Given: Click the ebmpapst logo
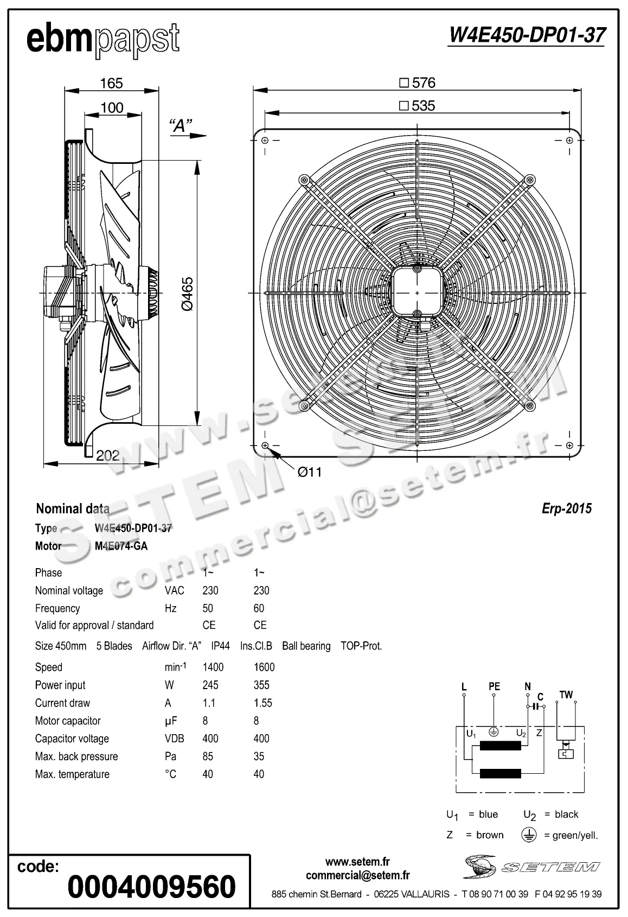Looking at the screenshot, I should point(102,40).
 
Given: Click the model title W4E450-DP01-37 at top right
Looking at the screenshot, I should point(527,36).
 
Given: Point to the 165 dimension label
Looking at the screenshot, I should point(111,83).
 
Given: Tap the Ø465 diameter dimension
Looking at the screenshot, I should point(187,294).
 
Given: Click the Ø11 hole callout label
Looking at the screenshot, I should point(310,472).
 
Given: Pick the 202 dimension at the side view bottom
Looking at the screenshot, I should point(107,455).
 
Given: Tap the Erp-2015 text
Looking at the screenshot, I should point(567,508).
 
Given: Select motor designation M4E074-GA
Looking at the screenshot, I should point(121,546).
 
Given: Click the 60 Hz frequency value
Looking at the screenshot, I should point(259,608).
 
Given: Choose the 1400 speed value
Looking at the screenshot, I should point(213,667).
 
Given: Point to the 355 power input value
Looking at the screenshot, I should point(261,685).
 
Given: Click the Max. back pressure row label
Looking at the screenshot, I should point(76,756).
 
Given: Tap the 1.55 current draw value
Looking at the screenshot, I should point(263,703).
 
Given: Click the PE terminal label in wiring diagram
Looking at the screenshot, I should point(494,686).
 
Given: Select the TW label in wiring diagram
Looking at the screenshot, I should point(566,695).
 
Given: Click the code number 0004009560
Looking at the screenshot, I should point(151,887).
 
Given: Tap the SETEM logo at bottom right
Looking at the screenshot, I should point(532,866).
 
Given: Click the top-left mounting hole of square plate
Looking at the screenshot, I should point(265,141).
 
